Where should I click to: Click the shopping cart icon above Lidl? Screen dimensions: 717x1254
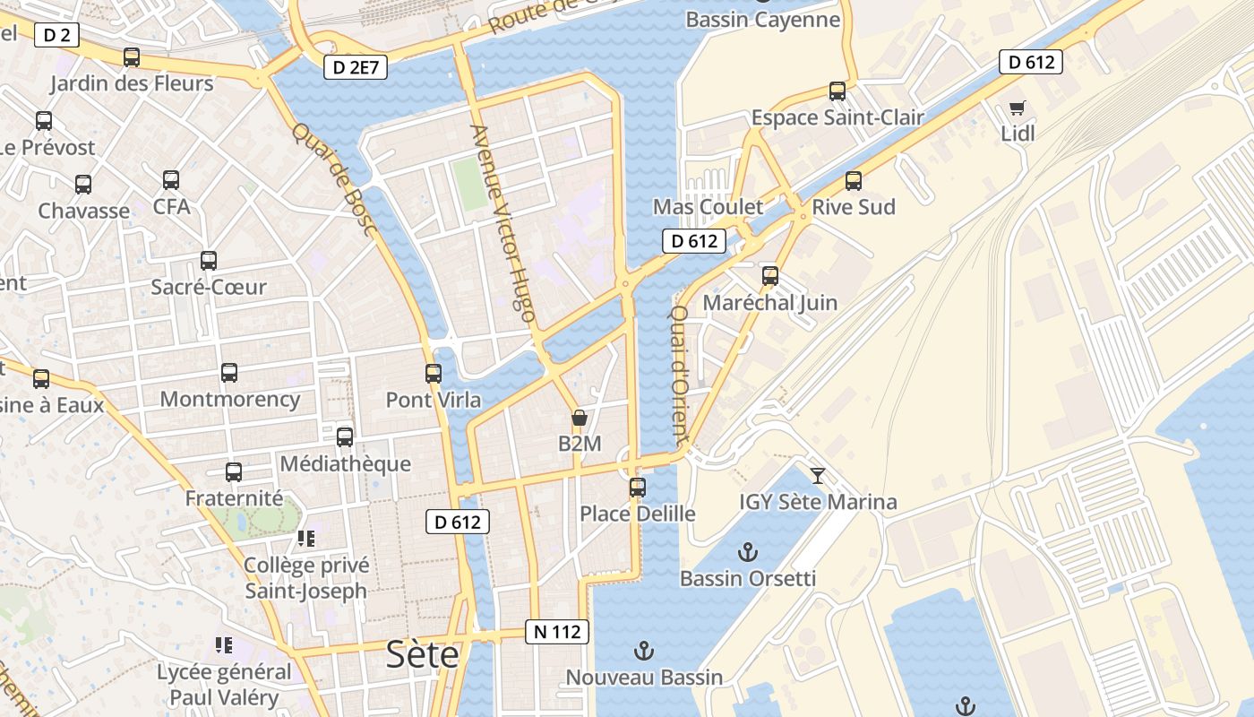point(1017,108)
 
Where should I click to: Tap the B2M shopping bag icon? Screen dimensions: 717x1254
point(580,418)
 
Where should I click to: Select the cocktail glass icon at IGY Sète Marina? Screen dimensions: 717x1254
point(818,475)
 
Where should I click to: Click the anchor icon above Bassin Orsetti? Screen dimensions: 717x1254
point(747,552)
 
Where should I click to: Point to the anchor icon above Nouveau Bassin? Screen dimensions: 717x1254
point(643,651)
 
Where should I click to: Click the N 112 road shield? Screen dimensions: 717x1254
point(557,632)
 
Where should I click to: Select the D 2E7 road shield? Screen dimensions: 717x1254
point(355,67)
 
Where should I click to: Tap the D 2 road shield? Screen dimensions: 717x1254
point(57,36)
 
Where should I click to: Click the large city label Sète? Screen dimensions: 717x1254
point(422,655)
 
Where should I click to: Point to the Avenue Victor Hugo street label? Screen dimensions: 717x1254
point(502,223)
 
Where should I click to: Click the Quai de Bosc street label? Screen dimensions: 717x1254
point(333,179)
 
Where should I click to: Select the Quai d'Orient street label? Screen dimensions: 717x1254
point(679,376)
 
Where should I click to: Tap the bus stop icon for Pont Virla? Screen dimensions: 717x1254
point(434,373)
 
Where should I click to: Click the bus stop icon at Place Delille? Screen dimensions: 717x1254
point(638,488)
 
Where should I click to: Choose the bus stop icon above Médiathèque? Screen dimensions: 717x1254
point(345,437)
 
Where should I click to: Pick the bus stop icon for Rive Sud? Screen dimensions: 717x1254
point(854,181)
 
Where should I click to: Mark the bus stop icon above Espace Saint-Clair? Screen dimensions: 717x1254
point(837,91)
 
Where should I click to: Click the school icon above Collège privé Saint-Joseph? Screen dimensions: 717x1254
point(306,539)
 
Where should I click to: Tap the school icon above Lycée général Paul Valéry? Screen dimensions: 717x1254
point(224,645)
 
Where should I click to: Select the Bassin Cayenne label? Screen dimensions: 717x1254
point(761,20)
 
